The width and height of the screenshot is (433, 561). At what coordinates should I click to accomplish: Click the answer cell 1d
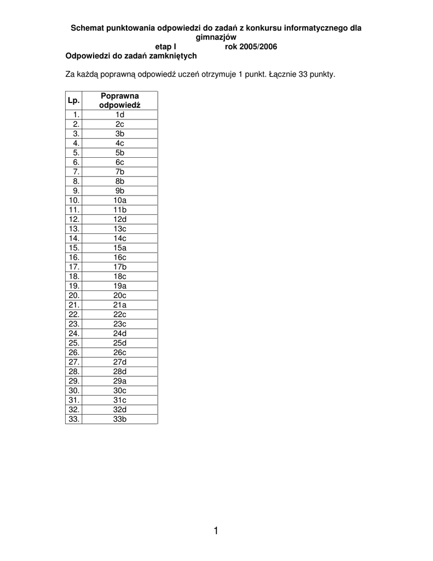pyautogui.click(x=120, y=115)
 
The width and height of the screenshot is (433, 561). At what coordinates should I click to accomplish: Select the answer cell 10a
pyautogui.click(x=120, y=200)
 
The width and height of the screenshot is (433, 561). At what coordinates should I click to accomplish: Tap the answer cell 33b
pyautogui.click(x=120, y=419)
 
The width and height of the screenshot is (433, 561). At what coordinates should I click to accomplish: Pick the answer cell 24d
pyautogui.click(x=120, y=333)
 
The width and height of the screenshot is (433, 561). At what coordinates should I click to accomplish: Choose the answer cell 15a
pyautogui.click(x=120, y=248)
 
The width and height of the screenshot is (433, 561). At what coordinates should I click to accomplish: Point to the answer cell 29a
pyautogui.click(x=120, y=381)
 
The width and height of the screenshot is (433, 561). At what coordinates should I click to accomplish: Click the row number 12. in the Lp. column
pyautogui.click(x=74, y=219)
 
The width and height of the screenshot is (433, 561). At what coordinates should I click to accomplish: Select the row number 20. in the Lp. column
pyautogui.click(x=74, y=295)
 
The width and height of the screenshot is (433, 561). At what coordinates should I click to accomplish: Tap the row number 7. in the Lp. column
pyautogui.click(x=76, y=171)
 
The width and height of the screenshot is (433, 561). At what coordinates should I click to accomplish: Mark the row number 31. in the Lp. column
pyautogui.click(x=74, y=400)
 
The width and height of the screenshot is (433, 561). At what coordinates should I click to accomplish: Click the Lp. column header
pyautogui.click(x=74, y=100)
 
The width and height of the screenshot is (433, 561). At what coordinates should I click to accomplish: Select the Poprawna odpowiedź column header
pyautogui.click(x=119, y=100)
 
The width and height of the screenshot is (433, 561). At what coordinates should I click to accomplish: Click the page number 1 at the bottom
pyautogui.click(x=216, y=530)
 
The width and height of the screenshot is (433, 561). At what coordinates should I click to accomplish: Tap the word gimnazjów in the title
pyautogui.click(x=216, y=37)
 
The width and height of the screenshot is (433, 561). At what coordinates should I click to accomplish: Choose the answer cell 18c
pyautogui.click(x=120, y=276)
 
